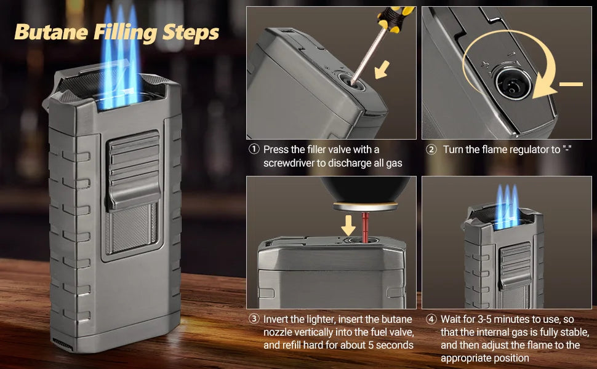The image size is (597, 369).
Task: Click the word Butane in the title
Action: (52, 33)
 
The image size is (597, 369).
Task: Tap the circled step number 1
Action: (254, 149)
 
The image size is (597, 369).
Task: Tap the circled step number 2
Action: (431, 149)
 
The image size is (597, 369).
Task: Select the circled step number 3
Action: (254, 319)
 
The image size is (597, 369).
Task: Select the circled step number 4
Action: (431, 319)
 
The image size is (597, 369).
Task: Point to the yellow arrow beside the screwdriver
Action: (382, 69)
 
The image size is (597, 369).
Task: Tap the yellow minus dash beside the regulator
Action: (571, 84)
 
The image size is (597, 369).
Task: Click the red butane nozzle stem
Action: (365, 227)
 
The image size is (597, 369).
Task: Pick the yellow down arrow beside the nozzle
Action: (348, 226)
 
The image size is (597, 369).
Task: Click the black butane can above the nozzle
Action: (365, 189)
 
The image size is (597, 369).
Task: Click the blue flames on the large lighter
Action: (120, 57)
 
